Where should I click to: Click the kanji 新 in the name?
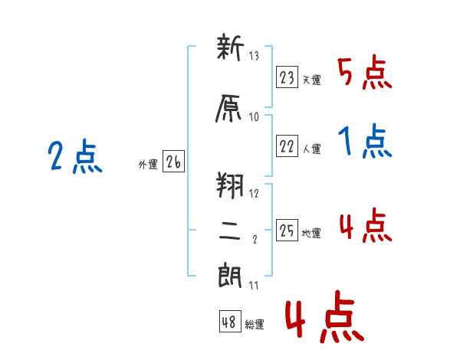[x=230, y=47]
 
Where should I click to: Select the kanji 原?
[x=228, y=108]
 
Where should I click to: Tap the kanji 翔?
[x=230, y=185]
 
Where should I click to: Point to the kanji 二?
[x=229, y=231]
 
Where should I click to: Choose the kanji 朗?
[x=230, y=275]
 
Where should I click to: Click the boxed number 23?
[x=287, y=77]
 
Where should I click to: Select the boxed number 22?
[x=287, y=146]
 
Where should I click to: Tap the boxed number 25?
[x=287, y=230]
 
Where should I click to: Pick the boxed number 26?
[x=173, y=161]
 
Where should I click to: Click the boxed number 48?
[x=230, y=321]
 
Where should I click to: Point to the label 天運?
[x=311, y=80]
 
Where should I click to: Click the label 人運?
[x=311, y=149]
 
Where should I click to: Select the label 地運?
[x=311, y=233]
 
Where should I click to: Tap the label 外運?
[x=148, y=165]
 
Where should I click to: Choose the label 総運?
[x=255, y=325]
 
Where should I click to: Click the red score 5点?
[x=364, y=73]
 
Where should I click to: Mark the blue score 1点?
[x=365, y=141]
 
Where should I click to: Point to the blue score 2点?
[x=75, y=156]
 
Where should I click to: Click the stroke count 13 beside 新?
[x=254, y=55]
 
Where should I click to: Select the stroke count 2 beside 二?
[x=255, y=239]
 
